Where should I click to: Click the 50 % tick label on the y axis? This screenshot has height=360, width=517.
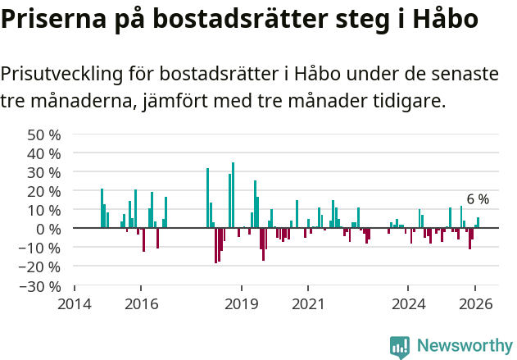tap(44, 134)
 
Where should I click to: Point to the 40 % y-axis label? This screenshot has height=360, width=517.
tap(44, 153)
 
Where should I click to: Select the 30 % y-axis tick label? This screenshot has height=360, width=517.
tap(44, 172)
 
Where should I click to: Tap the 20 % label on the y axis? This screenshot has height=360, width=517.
tap(44, 191)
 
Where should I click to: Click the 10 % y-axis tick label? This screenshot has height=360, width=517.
tap(44, 210)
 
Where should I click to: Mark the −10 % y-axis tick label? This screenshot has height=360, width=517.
tap(41, 248)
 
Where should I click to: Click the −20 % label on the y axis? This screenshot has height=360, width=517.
tap(41, 267)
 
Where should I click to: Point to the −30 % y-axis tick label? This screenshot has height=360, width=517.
tap(41, 286)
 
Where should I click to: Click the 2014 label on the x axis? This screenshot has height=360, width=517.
tap(75, 303)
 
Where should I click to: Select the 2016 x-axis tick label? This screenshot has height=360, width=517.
tap(141, 303)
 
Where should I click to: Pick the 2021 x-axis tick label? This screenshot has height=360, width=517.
tap(308, 303)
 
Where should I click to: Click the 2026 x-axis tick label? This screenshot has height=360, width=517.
tap(475, 303)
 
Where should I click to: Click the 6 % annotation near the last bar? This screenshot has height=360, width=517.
tap(478, 199)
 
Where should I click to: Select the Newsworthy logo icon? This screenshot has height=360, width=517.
tap(400, 346)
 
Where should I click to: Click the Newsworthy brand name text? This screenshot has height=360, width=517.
tap(464, 346)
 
